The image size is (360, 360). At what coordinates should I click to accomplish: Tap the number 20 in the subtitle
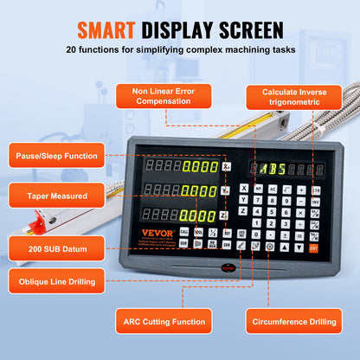[x=74, y=50]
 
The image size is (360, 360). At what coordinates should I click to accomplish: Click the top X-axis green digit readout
[x=199, y=167]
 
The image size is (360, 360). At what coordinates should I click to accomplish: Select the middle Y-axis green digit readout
[x=199, y=191]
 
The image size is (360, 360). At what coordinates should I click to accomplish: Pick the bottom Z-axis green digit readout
[x=199, y=215]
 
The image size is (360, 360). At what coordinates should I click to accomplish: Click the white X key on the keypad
[x=245, y=188]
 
